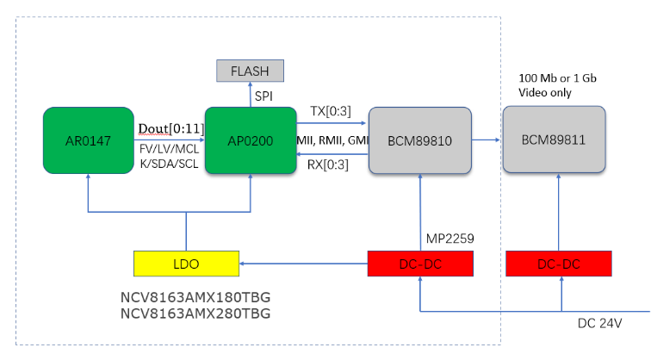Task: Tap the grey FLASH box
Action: (251, 71)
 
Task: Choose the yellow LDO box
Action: (186, 264)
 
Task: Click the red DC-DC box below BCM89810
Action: (420, 264)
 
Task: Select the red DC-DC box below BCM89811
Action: (559, 264)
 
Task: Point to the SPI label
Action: (263, 97)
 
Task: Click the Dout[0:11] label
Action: (170, 127)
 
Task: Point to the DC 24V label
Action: (599, 323)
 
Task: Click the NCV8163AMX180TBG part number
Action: (195, 297)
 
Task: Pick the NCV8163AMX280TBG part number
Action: (195, 313)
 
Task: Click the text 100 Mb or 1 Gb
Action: (557, 78)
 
